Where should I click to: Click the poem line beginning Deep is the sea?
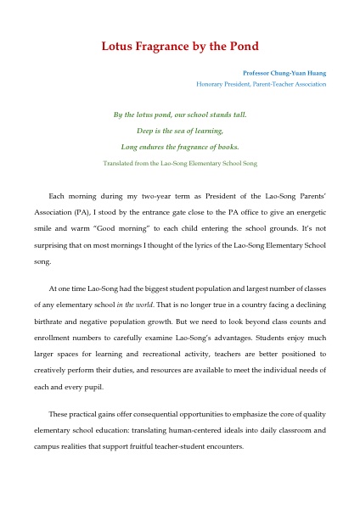tap(180, 131)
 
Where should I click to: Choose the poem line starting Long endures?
tap(180, 146)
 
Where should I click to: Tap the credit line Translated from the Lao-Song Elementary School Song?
tap(180, 161)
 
